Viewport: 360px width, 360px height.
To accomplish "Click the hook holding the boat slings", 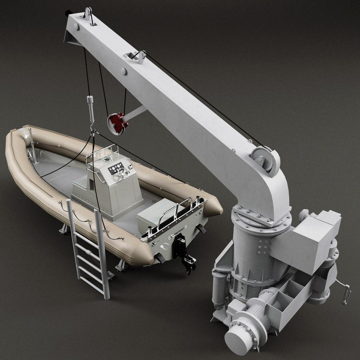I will coord(92,128).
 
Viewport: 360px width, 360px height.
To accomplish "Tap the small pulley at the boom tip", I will coord(88,14).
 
